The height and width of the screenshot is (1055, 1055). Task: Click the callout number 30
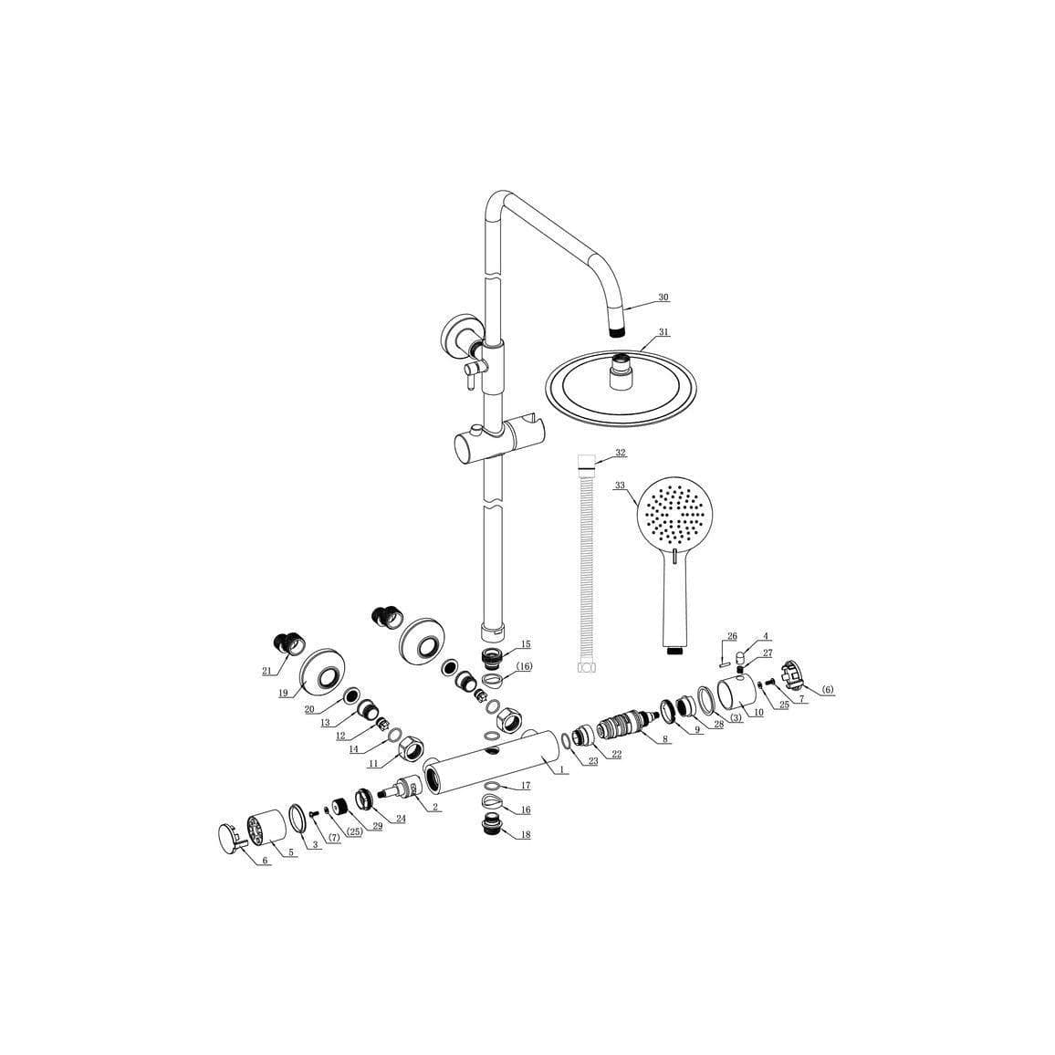pyautogui.click(x=663, y=298)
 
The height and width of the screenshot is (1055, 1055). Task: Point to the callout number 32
pyautogui.click(x=621, y=453)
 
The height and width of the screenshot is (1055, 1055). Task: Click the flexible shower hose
pyautogui.click(x=584, y=566)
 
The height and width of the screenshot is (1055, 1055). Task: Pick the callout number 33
pyautogui.click(x=621, y=486)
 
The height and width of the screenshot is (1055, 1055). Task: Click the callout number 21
pyautogui.click(x=266, y=672)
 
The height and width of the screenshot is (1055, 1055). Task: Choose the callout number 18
pyautogui.click(x=525, y=834)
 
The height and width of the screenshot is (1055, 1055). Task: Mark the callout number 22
pyautogui.click(x=617, y=754)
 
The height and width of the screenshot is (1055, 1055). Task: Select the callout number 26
pyautogui.click(x=731, y=636)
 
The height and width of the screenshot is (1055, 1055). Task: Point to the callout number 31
pyautogui.click(x=663, y=332)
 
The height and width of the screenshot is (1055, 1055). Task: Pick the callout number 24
pyautogui.click(x=400, y=819)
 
